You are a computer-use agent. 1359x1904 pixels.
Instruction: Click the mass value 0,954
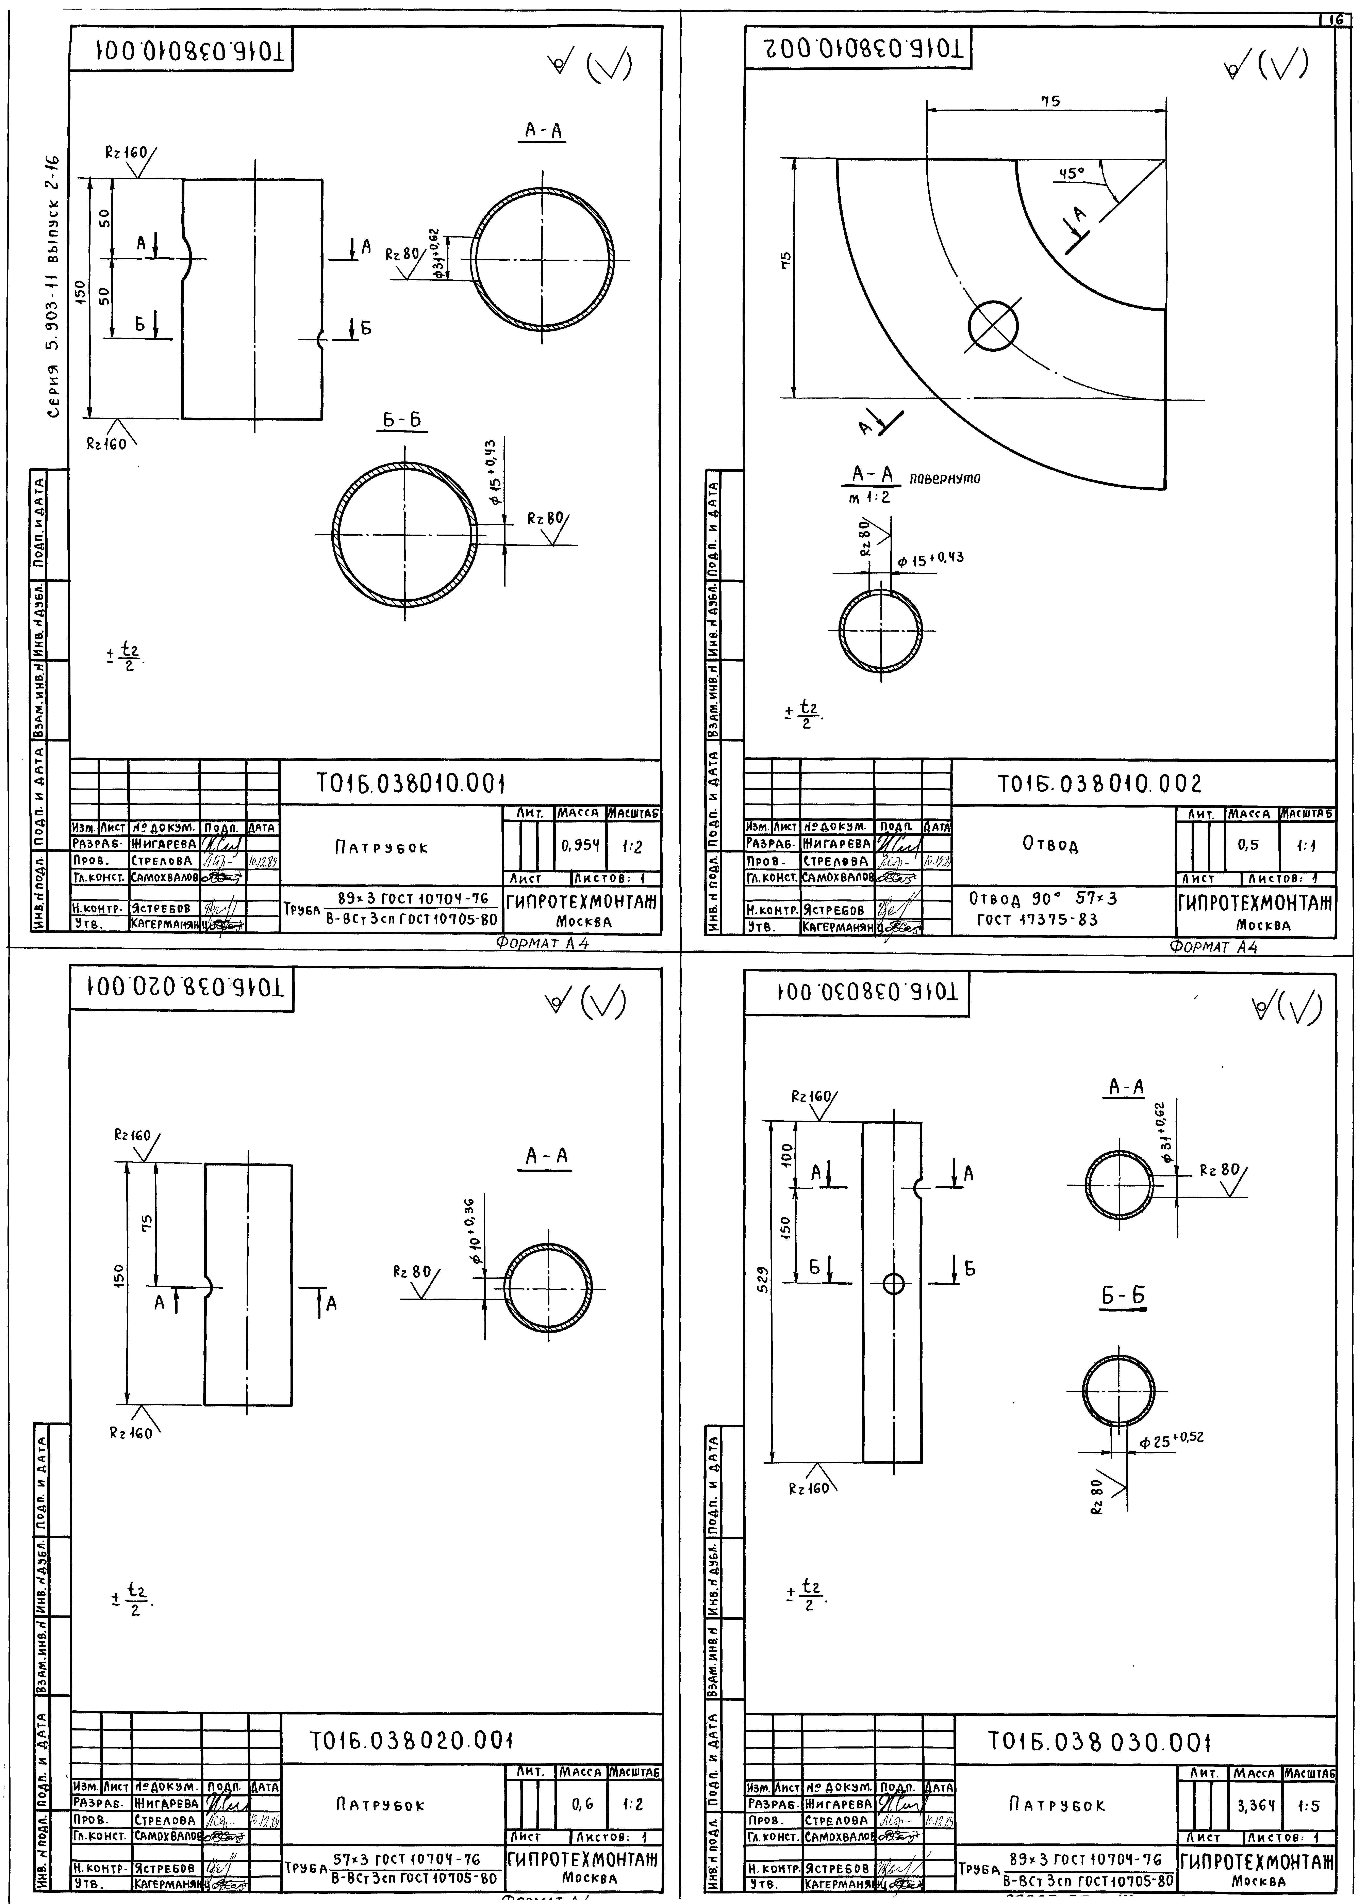point(581,846)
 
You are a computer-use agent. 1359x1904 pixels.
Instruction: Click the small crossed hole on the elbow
point(993,326)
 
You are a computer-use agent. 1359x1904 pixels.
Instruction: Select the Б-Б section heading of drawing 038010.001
point(402,421)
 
